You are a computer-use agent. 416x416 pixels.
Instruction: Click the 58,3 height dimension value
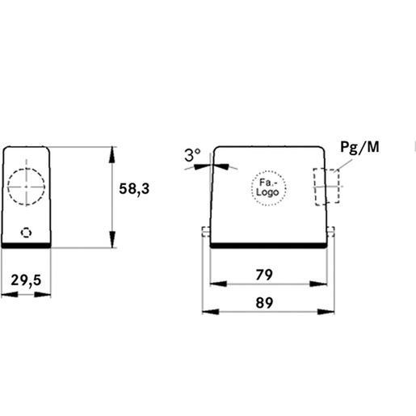tap(134, 189)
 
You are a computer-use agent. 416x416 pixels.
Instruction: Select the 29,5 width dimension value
tap(26, 280)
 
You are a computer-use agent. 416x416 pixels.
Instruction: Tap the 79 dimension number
tap(264, 275)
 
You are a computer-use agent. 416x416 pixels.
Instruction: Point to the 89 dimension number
tap(264, 303)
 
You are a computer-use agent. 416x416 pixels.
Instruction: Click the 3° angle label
tap(192, 155)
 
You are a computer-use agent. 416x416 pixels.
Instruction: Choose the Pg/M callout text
tap(359, 147)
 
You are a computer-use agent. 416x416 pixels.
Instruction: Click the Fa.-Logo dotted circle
tap(268, 170)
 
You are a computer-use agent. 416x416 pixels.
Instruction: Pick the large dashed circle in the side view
tap(26, 168)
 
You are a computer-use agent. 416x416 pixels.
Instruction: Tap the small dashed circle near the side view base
tap(26, 228)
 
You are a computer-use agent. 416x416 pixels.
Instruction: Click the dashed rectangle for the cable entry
tap(326, 169)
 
